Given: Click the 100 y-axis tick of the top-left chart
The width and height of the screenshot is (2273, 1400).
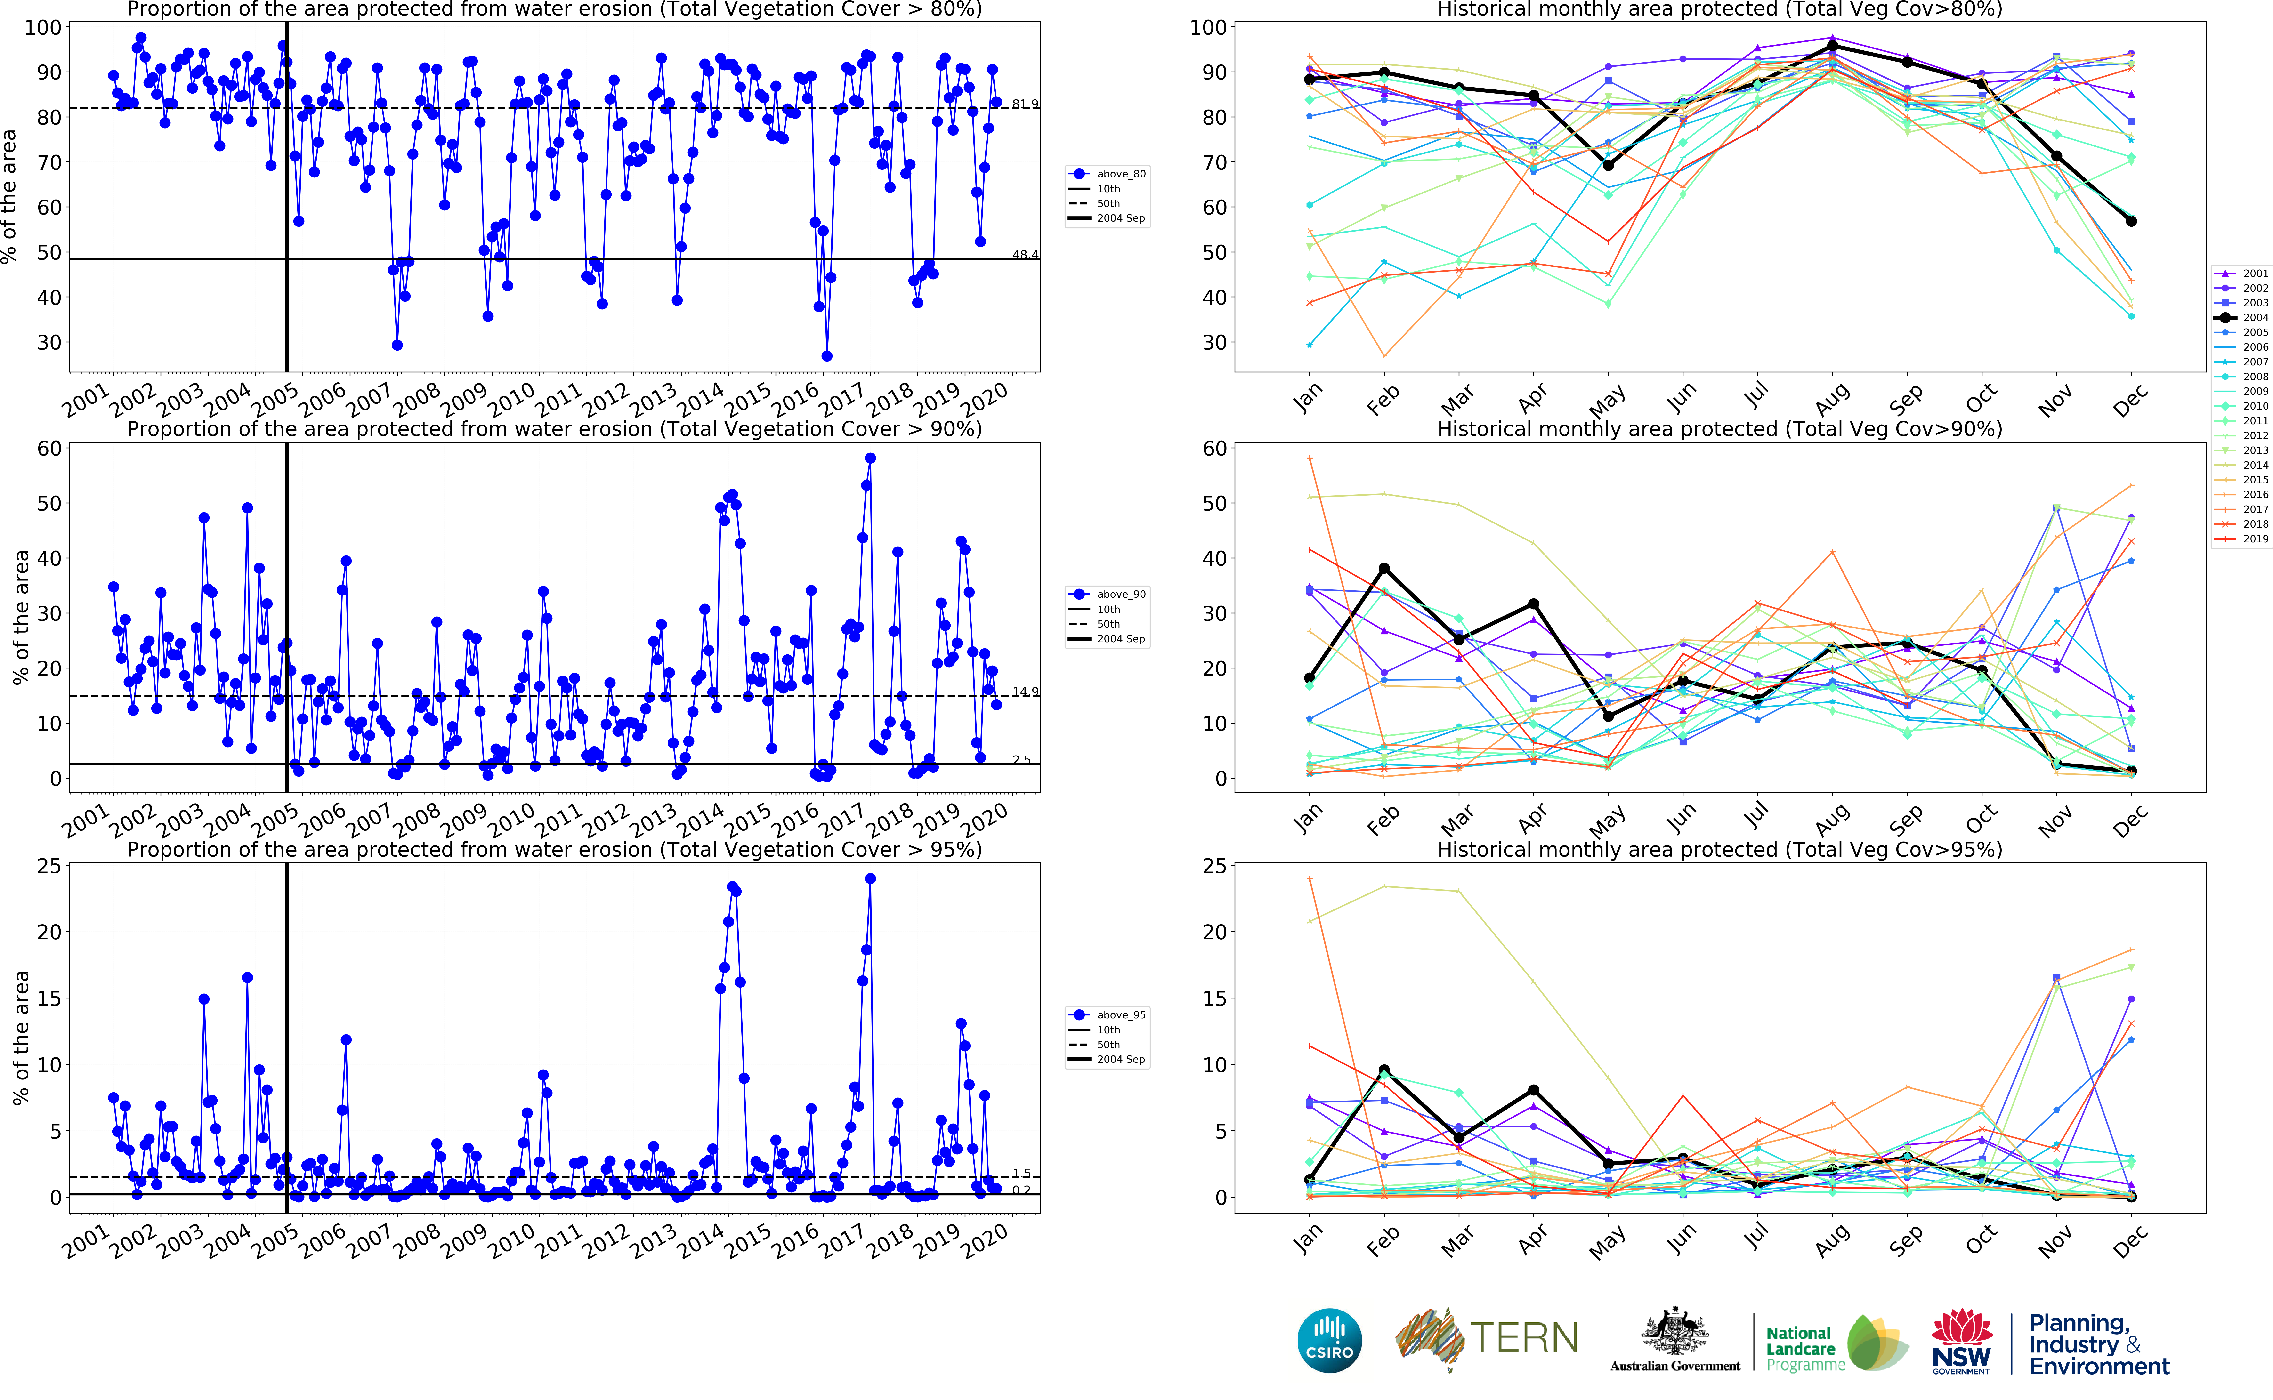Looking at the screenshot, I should click(43, 28).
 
